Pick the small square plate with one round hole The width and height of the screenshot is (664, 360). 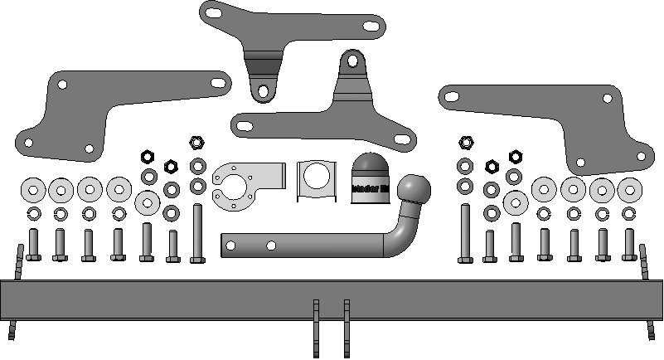[x=315, y=179]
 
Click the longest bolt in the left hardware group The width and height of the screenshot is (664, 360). [x=197, y=232]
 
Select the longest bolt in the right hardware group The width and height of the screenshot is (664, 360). [x=464, y=232]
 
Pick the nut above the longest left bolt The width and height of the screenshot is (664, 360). [x=197, y=142]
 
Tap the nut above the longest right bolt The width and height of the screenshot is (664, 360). [x=464, y=142]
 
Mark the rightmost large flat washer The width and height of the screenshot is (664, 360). [x=630, y=189]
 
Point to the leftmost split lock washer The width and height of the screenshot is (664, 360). [x=32, y=214]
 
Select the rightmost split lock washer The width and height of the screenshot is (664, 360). [x=628, y=213]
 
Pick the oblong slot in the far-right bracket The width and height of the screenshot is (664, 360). [x=452, y=95]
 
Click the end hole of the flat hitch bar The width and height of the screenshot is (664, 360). [x=241, y=246]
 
